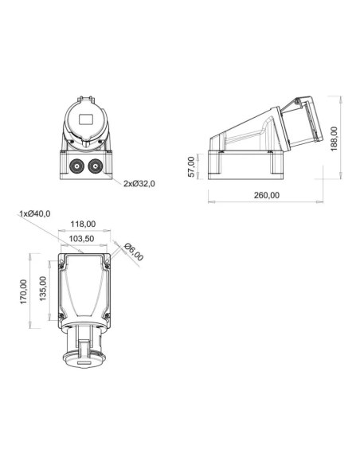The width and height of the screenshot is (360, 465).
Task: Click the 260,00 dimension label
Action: [x=267, y=195]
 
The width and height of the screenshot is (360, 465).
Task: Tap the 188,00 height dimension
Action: [x=334, y=139]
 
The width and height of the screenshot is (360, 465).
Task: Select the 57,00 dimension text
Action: [x=192, y=167]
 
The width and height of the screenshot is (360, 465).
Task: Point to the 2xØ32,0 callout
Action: [x=139, y=184]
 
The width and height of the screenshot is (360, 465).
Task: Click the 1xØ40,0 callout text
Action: [x=35, y=213]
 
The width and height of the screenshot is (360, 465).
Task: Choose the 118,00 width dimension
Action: [x=83, y=225]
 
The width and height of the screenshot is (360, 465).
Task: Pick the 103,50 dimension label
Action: [x=81, y=238]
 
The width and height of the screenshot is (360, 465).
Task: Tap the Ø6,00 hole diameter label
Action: [x=134, y=252]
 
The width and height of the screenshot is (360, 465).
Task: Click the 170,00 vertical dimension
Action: [x=23, y=291]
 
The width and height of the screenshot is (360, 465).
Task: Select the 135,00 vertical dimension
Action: [x=43, y=288]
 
